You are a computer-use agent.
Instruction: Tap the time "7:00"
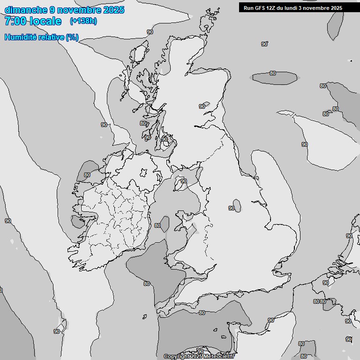tap(15, 21)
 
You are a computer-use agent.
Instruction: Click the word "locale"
tap(45, 21)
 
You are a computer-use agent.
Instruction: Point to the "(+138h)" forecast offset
tap(83, 21)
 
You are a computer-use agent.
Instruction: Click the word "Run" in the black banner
tap(248, 8)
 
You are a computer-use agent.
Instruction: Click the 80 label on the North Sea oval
tap(272, 74)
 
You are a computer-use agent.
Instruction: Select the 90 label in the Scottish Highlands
tap(202, 106)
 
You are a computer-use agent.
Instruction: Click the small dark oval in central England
tap(237, 205)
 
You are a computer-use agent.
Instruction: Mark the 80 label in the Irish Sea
tap(157, 225)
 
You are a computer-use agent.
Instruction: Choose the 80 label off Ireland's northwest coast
tap(87, 175)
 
